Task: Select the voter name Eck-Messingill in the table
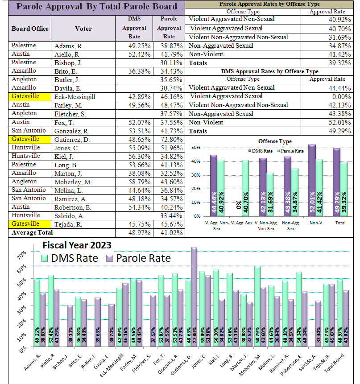pos(74,97)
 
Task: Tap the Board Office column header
pos(30,29)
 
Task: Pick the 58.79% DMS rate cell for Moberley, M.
pos(139,182)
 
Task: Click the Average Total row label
pos(32,233)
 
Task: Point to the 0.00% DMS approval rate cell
pos(341,97)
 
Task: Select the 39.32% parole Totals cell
pos(339,63)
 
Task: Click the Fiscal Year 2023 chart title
pos(77,245)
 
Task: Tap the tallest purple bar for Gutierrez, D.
pos(194,297)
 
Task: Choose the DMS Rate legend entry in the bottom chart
pos(70,258)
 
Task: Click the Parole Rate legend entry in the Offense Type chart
pos(290,151)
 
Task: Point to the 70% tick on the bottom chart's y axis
pos(21,255)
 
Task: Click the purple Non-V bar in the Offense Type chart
pos(312,181)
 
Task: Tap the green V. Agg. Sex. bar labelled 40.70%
pos(245,188)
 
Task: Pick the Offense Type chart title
pos(275,141)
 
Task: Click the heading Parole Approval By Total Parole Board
pos(97,7)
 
